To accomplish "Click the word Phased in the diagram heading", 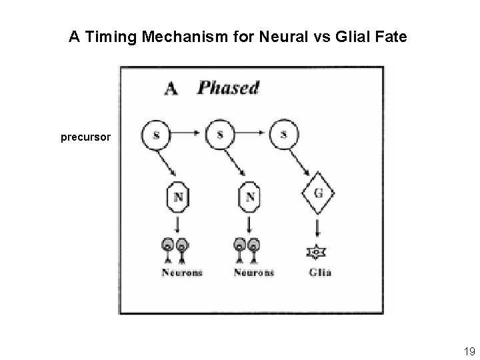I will pos(228,87).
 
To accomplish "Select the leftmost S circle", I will pos(156,135).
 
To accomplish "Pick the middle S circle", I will pos(221,135).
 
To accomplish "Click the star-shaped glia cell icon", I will pos(316,253).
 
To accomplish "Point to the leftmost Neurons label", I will pos(181,272).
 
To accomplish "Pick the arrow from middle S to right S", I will pos(253,134).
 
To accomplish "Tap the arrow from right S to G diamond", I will pos(305,163).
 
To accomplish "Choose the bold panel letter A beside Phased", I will pos(172,88).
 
